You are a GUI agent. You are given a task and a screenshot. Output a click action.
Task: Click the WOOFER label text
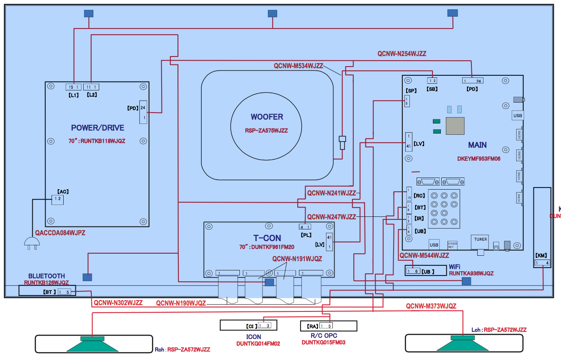267,117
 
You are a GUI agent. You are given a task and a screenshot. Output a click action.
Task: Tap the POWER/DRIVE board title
98,128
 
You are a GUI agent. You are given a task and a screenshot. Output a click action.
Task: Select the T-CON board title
267,238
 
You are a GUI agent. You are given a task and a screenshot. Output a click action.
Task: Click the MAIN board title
477,145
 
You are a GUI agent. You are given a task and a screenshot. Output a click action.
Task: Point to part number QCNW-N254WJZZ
401,54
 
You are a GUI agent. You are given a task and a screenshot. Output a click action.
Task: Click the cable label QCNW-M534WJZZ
298,66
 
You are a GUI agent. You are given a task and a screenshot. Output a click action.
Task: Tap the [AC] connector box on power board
57,200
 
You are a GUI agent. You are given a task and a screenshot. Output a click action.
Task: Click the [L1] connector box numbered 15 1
73,87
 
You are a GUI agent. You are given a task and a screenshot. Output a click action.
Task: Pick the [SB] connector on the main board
432,80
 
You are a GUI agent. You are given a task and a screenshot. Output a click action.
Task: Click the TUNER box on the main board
480,240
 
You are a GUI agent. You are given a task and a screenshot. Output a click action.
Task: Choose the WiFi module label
455,267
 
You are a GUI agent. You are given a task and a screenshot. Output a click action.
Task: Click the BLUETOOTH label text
46,276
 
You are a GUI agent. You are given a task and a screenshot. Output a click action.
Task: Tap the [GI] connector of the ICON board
264,325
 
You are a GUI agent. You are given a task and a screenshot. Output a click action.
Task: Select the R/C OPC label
323,336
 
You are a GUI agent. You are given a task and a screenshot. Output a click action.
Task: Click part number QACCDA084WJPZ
60,233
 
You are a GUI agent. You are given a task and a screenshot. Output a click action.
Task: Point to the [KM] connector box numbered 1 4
542,263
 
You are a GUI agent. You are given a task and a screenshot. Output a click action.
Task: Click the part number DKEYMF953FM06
479,159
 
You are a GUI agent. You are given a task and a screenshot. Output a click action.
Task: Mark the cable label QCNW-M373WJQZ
431,306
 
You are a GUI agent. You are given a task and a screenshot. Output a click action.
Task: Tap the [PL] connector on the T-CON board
304,227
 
